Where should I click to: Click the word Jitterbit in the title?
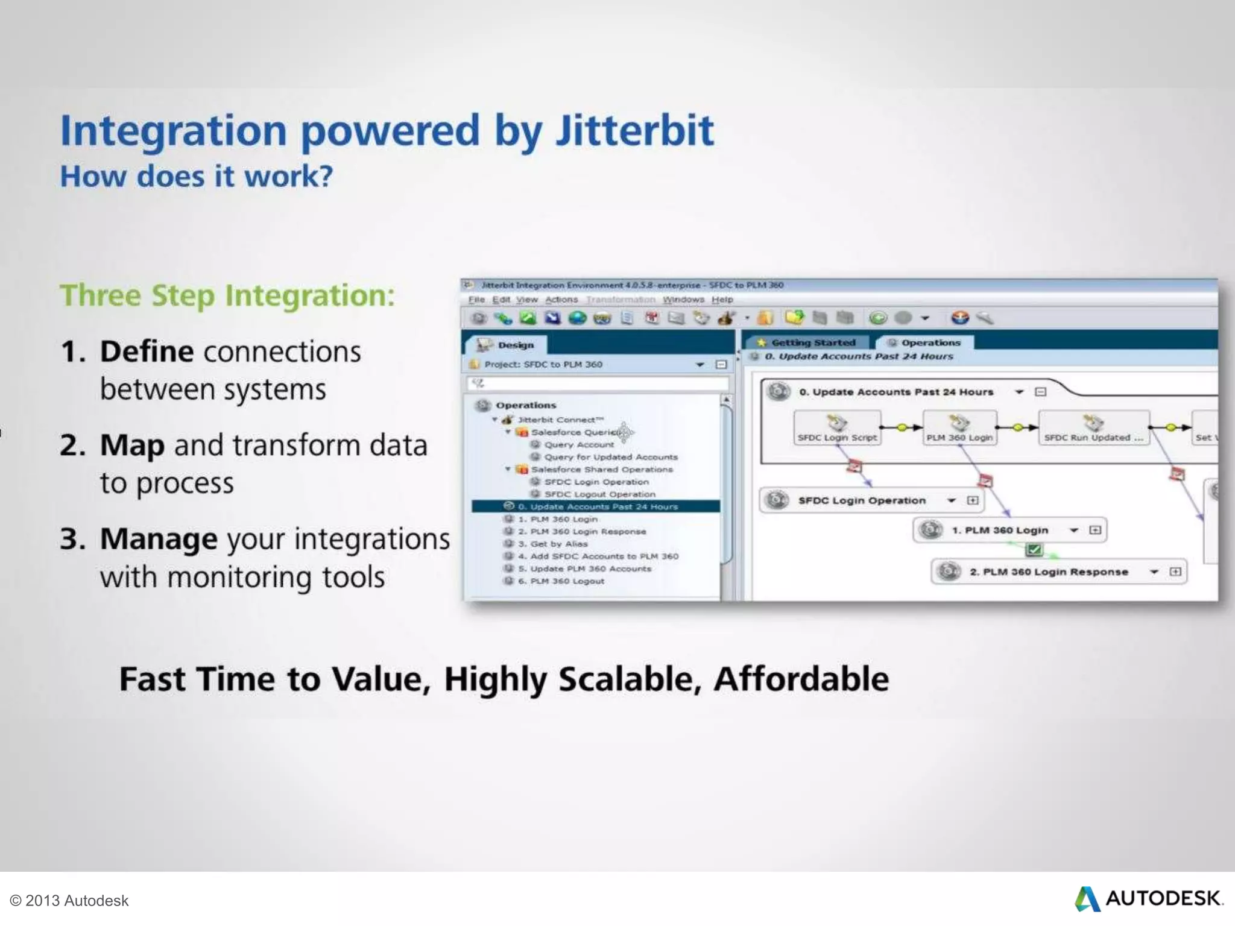pyautogui.click(x=634, y=131)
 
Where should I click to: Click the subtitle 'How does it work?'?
pyautogui.click(x=196, y=177)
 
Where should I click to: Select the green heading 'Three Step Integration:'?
pyautogui.click(x=227, y=296)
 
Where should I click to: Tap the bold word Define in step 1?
pyautogui.click(x=147, y=352)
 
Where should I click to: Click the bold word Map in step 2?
pyautogui.click(x=132, y=446)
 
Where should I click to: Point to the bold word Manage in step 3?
pyautogui.click(x=158, y=540)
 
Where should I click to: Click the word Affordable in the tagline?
pyautogui.click(x=801, y=679)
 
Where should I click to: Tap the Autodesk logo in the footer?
pyautogui.click(x=1149, y=898)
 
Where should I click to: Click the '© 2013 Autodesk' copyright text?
pyautogui.click(x=69, y=900)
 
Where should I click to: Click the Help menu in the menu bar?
pyautogui.click(x=722, y=300)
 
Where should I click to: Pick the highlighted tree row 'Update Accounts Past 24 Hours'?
pyautogui.click(x=597, y=506)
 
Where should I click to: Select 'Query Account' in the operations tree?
pyautogui.click(x=578, y=445)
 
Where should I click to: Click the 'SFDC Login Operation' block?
pyautogui.click(x=861, y=500)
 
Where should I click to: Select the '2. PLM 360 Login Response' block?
pyautogui.click(x=1048, y=572)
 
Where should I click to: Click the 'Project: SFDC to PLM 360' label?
pyautogui.click(x=543, y=364)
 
